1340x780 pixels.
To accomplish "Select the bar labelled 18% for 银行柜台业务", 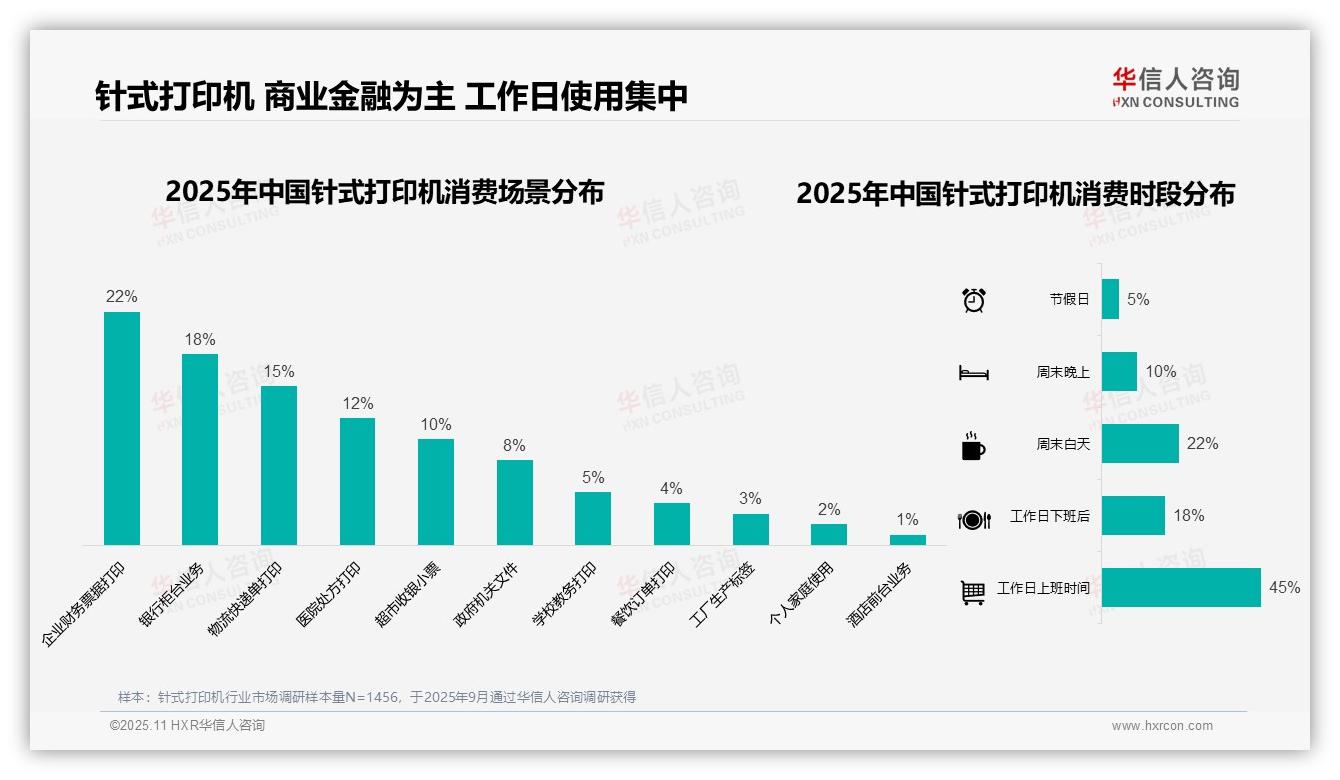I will click(200, 449).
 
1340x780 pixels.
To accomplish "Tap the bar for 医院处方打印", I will click(357, 481).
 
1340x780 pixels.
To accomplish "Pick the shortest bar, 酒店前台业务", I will click(907, 540).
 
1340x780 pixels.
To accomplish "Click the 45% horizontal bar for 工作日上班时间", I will click(1181, 587).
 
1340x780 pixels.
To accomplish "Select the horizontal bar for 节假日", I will click(1110, 299).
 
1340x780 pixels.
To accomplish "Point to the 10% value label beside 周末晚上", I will click(1160, 371).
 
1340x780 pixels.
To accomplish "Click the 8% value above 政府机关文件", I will click(514, 446).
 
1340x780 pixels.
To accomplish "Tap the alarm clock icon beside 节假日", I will click(973, 299).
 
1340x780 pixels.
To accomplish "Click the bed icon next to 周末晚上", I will click(973, 373).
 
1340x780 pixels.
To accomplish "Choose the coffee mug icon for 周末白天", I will click(973, 446).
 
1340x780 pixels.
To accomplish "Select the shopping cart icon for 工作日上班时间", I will click(973, 592).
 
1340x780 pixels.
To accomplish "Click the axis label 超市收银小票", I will click(407, 595).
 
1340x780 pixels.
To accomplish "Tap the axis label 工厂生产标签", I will click(722, 595).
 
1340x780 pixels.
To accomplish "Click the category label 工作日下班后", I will click(1049, 516).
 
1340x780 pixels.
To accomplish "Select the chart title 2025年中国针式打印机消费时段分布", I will click(1015, 193).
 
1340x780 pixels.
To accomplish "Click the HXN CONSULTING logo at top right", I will click(1175, 88).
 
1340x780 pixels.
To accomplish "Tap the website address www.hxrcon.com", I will click(1162, 726).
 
